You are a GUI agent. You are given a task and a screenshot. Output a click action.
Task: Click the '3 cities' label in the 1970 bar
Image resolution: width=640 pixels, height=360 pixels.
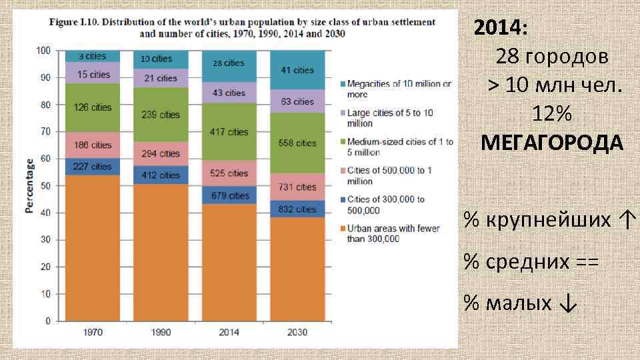tap(92, 57)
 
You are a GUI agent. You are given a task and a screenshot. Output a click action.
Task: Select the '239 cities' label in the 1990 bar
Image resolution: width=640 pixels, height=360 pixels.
tap(161, 115)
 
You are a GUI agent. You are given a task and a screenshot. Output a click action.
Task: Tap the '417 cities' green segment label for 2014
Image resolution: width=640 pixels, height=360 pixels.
tap(229, 132)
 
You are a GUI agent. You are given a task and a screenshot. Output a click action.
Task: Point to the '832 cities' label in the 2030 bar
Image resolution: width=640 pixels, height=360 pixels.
tap(297, 209)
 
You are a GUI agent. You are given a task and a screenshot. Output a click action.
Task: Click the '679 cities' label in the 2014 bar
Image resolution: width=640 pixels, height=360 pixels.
tap(229, 195)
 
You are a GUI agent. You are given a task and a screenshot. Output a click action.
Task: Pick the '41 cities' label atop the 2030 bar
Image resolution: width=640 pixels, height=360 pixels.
tap(297, 70)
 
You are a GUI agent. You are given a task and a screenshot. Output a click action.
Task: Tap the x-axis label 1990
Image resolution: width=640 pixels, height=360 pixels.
tap(161, 332)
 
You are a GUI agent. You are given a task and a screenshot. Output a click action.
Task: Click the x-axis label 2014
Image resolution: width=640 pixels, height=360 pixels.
tap(229, 332)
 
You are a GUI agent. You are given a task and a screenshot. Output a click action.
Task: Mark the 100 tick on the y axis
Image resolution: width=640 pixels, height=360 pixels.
tap(43, 51)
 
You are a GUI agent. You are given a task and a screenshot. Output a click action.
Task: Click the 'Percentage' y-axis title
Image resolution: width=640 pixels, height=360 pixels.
tap(30, 186)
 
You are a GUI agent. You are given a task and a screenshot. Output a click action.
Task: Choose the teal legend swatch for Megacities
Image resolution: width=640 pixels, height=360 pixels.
tap(342, 84)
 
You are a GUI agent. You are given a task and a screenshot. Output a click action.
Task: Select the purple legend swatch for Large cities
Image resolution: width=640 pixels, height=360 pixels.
tap(342, 113)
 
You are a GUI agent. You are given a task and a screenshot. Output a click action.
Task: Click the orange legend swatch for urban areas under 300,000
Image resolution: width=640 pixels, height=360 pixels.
tap(342, 229)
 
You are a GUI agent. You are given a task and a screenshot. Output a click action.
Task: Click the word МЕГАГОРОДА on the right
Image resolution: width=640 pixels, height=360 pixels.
tap(552, 143)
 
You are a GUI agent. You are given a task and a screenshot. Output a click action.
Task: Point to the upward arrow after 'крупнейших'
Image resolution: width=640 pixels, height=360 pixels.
tap(628, 219)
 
